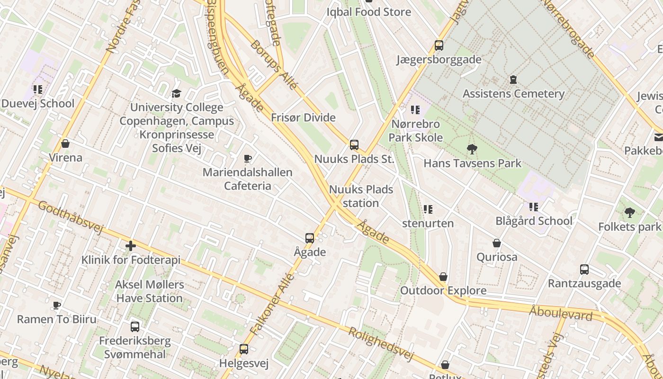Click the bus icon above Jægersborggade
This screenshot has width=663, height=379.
[439, 45]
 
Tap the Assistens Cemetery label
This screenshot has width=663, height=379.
[513, 93]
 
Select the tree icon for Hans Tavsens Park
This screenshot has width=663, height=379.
[472, 149]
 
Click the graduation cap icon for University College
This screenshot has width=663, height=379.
[177, 93]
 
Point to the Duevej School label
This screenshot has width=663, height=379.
[38, 103]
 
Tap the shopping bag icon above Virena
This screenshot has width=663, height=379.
[65, 144]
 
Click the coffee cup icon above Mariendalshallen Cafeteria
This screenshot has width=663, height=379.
[247, 158]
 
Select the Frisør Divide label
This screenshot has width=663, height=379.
[303, 117]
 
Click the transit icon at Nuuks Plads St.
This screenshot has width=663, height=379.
[354, 145]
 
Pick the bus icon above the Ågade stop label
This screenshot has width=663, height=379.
[310, 238]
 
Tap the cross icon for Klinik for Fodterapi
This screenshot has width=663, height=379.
[131, 246]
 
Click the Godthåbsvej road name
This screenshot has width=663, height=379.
[70, 217]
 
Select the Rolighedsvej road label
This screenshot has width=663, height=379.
[381, 344]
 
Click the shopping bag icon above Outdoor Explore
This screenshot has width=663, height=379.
[443, 277]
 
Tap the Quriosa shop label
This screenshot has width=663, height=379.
[497, 257]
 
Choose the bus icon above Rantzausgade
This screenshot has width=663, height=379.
[584, 270]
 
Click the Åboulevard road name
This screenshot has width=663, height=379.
[561, 313]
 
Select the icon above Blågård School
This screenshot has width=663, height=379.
[534, 207]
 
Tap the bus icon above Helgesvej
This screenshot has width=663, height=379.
[244, 349]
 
